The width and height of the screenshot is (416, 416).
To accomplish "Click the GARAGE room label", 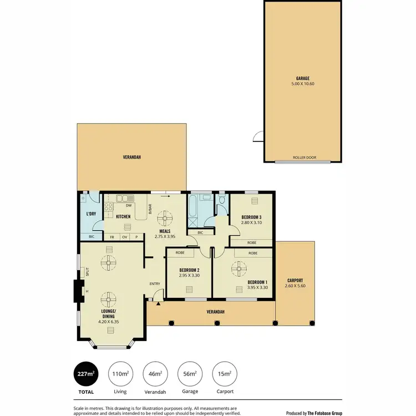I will [302, 78].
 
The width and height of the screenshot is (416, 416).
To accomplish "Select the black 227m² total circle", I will [86, 374].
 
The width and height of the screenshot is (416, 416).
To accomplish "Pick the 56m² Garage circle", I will [190, 374].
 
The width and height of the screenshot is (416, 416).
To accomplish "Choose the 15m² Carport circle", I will [225, 374].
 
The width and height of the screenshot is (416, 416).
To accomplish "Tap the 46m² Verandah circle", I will [155, 374].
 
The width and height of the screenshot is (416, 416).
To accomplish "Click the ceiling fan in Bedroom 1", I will [239, 270].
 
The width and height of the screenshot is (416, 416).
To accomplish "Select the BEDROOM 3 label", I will [251, 217].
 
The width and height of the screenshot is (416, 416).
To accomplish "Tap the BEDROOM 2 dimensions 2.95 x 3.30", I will [189, 275].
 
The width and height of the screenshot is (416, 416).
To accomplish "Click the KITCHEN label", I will [123, 216].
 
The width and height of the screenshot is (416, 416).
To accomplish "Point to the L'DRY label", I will [92, 214].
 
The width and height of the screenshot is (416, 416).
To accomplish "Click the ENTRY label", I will [154, 284].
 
